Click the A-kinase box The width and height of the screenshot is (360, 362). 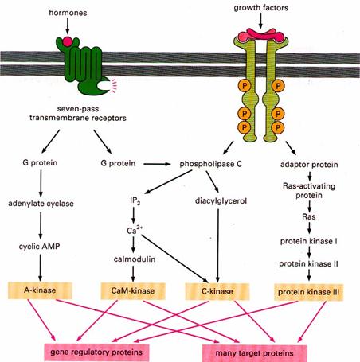(40, 290)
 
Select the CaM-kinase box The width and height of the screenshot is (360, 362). (133, 291)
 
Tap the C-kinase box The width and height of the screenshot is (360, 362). (217, 291)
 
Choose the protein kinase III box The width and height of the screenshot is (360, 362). (308, 292)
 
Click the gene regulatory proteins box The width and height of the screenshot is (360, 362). (96, 352)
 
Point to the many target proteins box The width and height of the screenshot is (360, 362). (254, 353)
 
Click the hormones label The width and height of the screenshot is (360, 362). (68, 13)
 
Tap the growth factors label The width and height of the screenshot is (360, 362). (261, 8)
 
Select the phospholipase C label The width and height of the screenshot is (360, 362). (211, 164)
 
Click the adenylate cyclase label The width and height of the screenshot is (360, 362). (41, 204)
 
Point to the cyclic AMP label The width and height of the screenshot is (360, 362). (40, 247)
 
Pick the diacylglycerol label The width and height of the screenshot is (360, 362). (221, 201)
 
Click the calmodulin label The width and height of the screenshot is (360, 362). (135, 259)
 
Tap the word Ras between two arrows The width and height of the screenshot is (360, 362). (309, 216)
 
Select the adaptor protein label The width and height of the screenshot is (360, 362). (309, 165)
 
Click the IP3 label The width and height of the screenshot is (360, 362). (135, 201)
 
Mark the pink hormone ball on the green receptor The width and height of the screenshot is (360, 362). (67, 41)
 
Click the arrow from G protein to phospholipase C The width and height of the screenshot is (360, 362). (157, 164)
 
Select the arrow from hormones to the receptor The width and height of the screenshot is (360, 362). (68, 25)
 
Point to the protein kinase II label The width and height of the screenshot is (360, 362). (308, 264)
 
